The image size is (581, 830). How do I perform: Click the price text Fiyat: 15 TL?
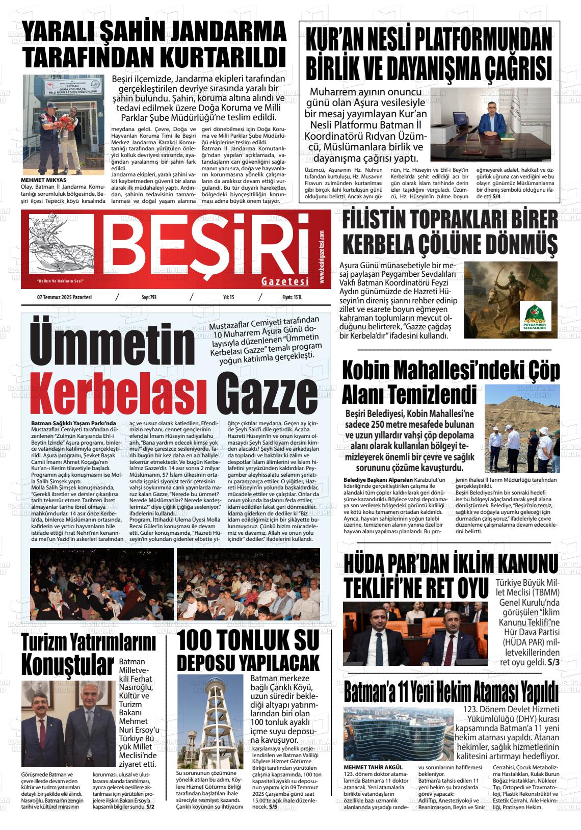(292, 297)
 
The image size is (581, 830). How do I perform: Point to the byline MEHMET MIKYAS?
(43, 180)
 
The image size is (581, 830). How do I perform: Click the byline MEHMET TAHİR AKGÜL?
(373, 767)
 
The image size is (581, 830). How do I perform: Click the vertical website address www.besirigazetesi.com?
(322, 257)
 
